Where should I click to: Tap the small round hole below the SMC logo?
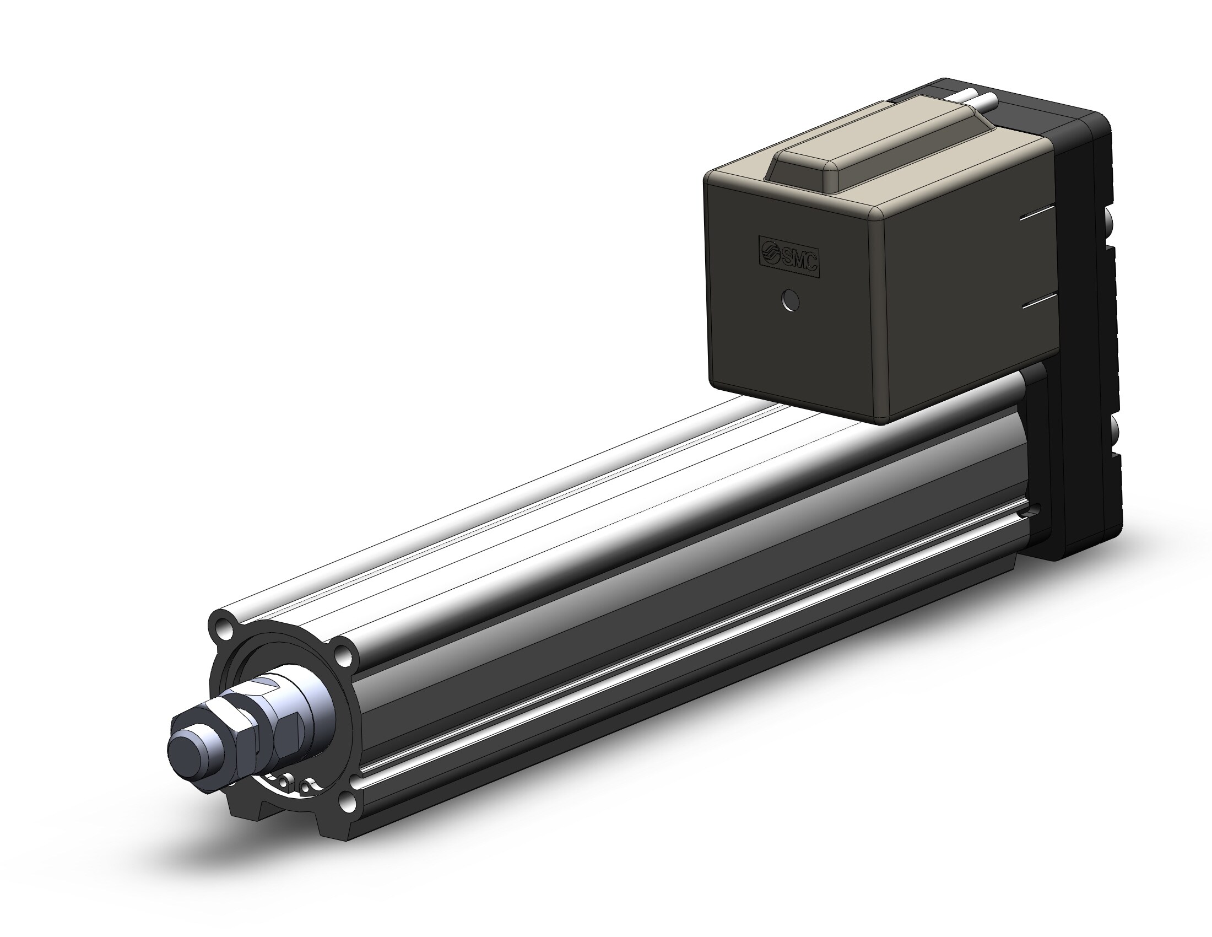point(789,301)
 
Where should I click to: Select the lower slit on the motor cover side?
point(1037,303)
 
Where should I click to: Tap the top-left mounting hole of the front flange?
point(225,628)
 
